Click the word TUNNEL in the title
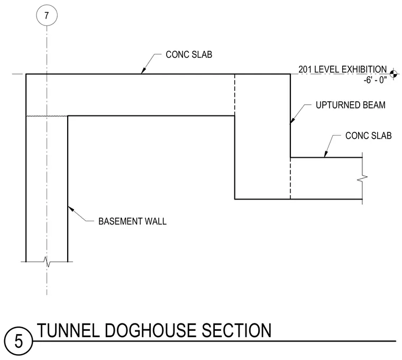pos(68,330)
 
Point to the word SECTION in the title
pos(236,330)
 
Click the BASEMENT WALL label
pos(133,221)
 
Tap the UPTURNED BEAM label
pos(351,105)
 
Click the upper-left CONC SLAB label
pos(189,55)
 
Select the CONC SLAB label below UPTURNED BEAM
pos(369,136)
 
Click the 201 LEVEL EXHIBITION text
pos(343,69)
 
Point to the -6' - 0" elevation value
pos(375,80)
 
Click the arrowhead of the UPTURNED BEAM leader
pos(293,120)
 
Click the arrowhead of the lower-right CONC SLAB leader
pos(326,154)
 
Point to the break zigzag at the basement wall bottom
pos(47,262)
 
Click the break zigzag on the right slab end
pos(362,177)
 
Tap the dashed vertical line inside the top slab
pos(235,95)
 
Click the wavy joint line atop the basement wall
pos(47,116)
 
